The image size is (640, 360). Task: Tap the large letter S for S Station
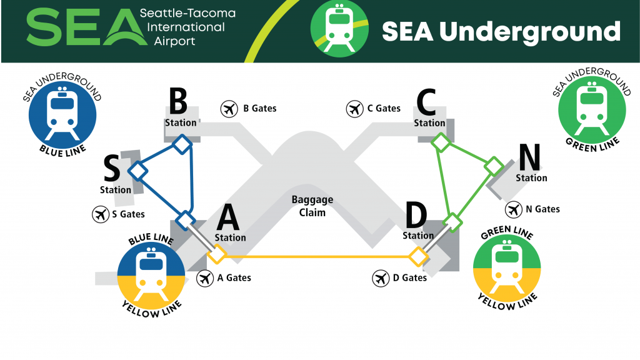point(111,168)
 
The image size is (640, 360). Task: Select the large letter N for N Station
point(529,157)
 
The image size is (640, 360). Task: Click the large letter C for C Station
point(426,102)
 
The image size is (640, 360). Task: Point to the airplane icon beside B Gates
point(229,109)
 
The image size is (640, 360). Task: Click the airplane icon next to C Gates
point(355,109)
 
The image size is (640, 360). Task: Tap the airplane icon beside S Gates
point(101,214)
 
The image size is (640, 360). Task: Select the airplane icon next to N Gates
point(514,210)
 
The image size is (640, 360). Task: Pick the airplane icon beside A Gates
point(205,278)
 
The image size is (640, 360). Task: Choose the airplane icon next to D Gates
point(381,278)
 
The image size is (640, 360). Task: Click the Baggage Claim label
point(312,206)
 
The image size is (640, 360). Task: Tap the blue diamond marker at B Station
point(182,144)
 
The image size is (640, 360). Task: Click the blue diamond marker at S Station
point(138,171)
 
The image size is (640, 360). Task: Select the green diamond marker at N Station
point(494,166)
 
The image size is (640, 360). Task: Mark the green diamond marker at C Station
point(441,142)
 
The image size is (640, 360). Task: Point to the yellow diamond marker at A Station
point(217,254)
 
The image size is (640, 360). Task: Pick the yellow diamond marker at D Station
point(418,257)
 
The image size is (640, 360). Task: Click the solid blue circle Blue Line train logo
point(62,115)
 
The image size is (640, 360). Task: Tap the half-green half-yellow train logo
point(507,268)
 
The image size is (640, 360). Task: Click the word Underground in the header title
point(530,32)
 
